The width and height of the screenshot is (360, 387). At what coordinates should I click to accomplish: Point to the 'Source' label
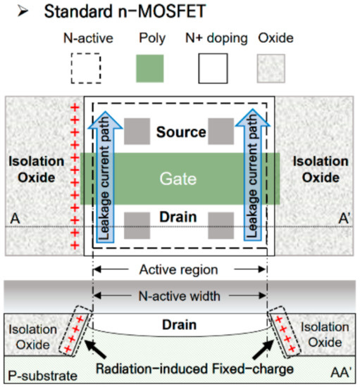point(181,132)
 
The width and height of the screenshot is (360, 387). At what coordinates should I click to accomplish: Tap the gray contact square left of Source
point(137,129)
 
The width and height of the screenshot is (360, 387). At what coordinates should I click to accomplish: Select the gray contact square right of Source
point(221,129)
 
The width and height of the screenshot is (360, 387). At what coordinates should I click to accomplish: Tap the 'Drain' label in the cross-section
point(180,325)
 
